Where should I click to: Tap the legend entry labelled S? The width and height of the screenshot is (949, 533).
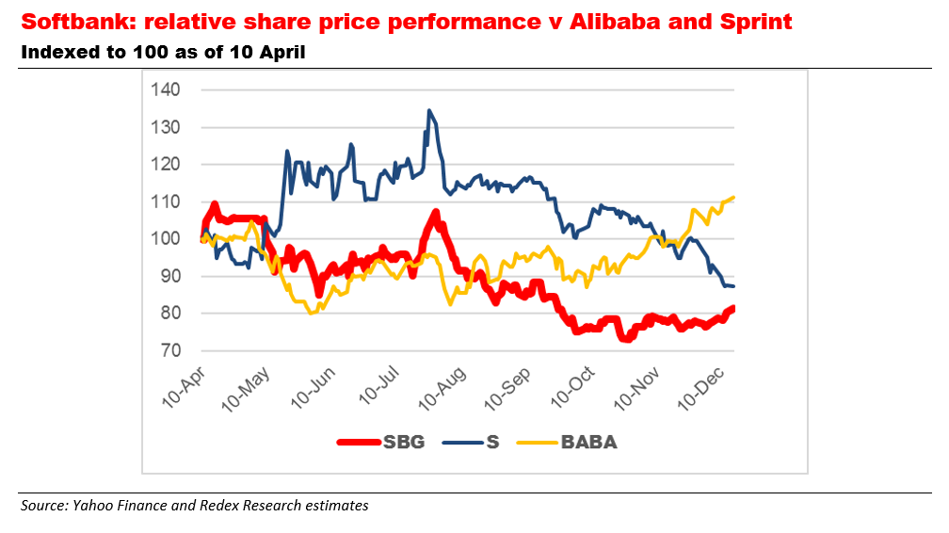[x=491, y=442]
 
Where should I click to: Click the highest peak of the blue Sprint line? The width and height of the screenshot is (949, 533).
[x=429, y=111]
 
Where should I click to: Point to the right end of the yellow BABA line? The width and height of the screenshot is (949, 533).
[x=732, y=198]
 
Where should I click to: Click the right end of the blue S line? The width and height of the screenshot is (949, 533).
[x=732, y=285]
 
